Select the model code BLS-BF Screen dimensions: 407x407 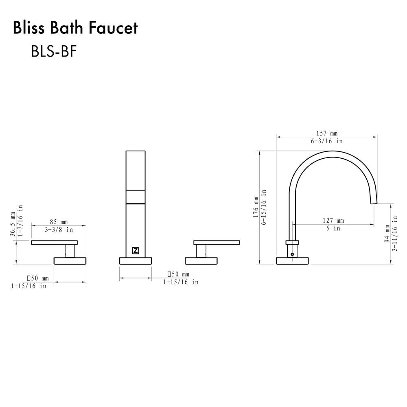(x=54, y=52)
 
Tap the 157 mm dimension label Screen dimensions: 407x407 (x=327, y=133)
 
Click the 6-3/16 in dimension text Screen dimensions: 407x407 (x=327, y=141)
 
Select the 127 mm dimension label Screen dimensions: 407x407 (x=333, y=221)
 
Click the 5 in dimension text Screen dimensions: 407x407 (x=333, y=228)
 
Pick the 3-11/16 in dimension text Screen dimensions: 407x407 (x=395, y=234)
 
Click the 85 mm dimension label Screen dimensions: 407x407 (x=59, y=222)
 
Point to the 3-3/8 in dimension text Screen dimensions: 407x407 (x=59, y=230)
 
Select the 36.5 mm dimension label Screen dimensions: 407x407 (x=13, y=224)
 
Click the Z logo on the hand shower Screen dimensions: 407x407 (x=136, y=251)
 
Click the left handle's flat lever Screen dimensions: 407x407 (x=54, y=243)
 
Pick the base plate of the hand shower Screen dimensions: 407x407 (x=136, y=260)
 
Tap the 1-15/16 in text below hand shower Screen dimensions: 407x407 (x=181, y=282)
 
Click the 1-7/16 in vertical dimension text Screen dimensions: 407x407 (x=20, y=224)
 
